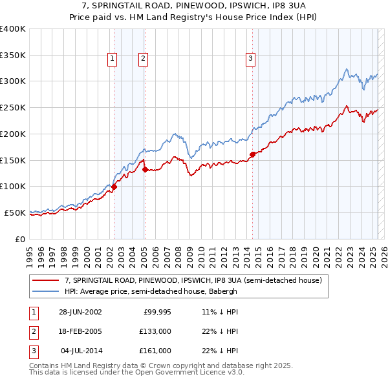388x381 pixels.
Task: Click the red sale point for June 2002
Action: [x=114, y=187]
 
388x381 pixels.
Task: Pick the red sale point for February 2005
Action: [x=144, y=169]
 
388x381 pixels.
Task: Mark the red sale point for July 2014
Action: [x=252, y=154]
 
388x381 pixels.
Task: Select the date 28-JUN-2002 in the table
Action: [x=80, y=312]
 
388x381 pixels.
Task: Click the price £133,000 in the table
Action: [x=155, y=331]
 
